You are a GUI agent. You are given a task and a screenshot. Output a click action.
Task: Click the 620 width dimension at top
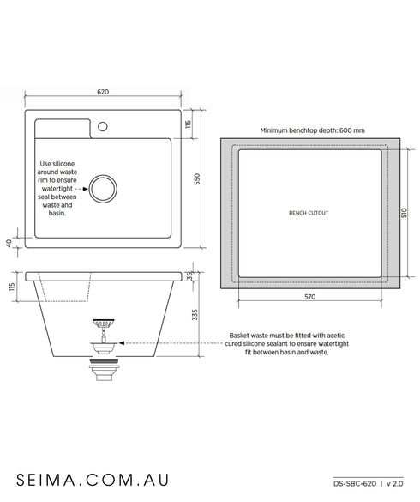click(x=103, y=92)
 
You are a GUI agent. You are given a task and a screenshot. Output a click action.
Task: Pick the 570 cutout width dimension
click(x=309, y=297)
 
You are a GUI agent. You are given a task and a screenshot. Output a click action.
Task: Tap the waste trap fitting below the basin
click(x=104, y=370)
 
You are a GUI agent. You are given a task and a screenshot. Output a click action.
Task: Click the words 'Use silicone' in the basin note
click(x=59, y=161)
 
